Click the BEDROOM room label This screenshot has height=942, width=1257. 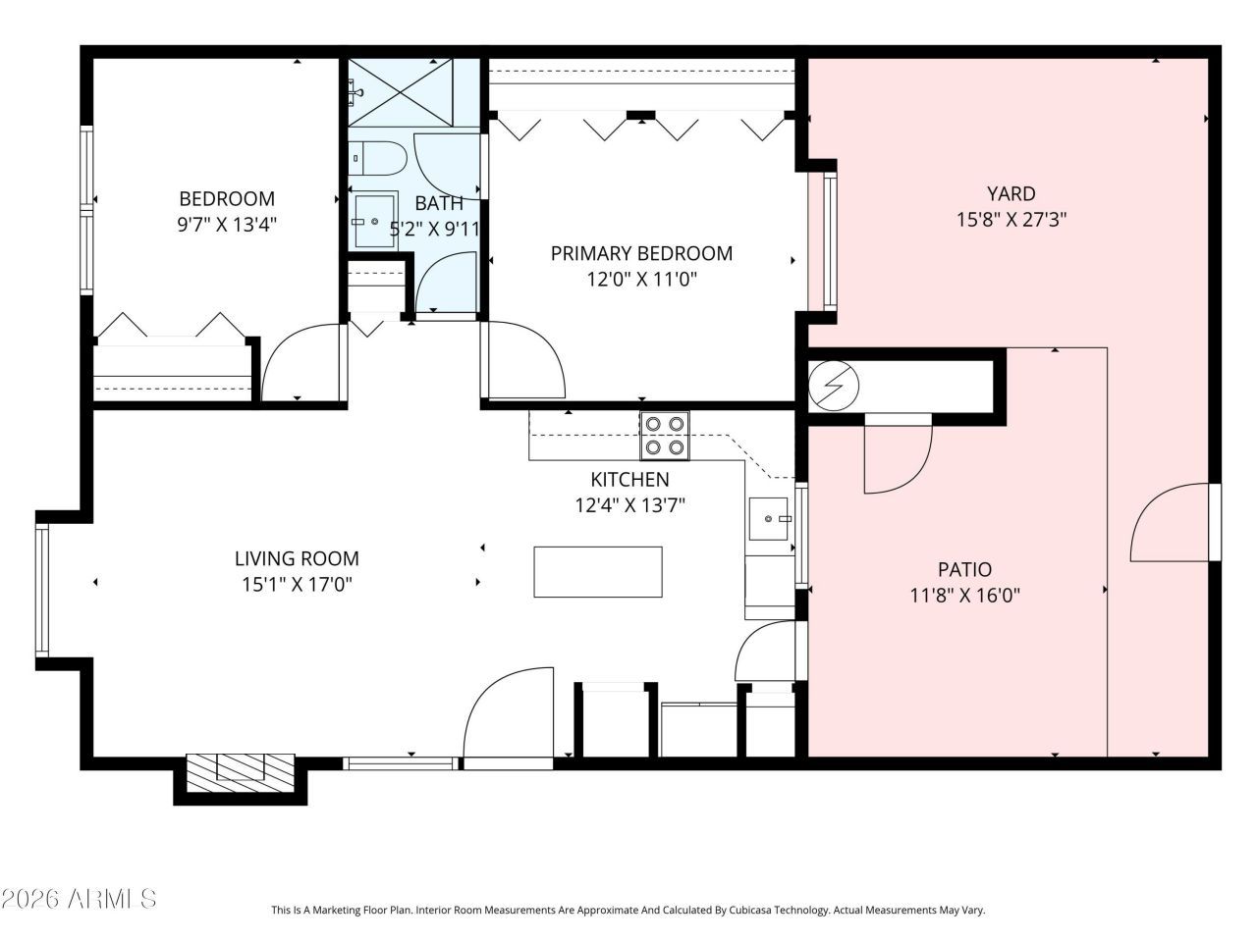226,198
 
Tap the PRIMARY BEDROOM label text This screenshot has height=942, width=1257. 641,253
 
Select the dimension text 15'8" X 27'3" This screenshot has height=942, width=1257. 1011,220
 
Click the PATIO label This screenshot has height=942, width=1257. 964,569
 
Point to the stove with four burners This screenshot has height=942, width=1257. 665,436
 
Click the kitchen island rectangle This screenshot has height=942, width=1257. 598,572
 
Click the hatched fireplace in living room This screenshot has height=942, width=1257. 241,772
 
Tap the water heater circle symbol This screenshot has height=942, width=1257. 832,387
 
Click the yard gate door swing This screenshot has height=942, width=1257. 1174,525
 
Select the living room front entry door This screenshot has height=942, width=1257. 508,714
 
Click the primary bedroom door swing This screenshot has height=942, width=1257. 525,361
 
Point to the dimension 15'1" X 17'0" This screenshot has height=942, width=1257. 297,585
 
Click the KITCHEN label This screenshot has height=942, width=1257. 629,480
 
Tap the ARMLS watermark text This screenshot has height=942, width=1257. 79,898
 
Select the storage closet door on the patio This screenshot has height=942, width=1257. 897,454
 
